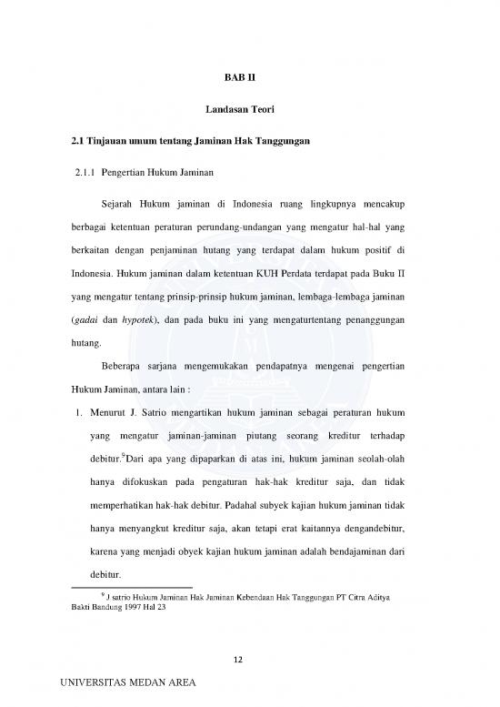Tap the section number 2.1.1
tap(85, 169)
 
